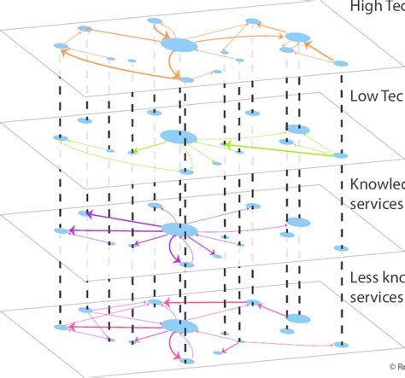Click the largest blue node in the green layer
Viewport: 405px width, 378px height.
point(178,137)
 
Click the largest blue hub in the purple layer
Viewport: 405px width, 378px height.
point(179,229)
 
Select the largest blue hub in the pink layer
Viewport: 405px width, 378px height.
point(179,327)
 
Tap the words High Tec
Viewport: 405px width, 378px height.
point(377,6)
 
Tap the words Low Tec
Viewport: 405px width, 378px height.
point(377,96)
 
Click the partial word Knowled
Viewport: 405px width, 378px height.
point(377,185)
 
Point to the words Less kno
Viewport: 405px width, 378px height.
point(377,278)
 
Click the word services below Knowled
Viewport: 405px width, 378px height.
point(377,204)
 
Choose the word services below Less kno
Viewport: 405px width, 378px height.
point(377,297)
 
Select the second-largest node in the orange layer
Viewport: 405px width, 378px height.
point(297,37)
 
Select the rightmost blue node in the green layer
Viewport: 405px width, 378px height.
point(340,156)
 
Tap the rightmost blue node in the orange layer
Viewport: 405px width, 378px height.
point(340,63)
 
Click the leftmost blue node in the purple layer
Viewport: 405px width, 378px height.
point(60,230)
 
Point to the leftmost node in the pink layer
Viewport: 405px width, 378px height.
point(60,327)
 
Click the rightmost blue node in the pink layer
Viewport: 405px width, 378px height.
point(341,344)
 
